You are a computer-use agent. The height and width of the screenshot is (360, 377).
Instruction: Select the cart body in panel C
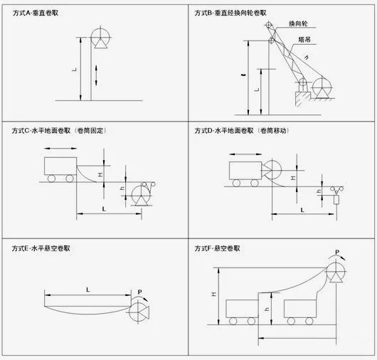point(60,166)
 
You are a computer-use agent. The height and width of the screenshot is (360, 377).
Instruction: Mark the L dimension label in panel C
point(105,208)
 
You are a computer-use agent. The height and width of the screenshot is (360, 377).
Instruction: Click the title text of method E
point(43,248)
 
